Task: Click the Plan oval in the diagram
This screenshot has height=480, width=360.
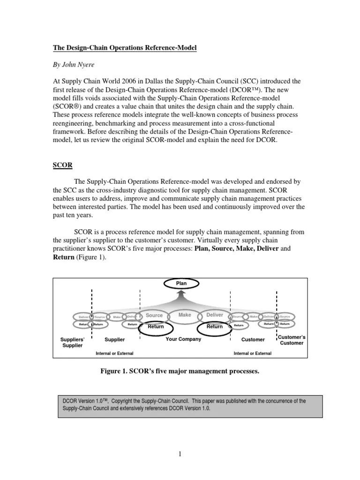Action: tap(181, 283)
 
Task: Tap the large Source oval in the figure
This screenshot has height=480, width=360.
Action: tap(154, 316)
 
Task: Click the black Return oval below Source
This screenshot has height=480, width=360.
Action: tap(156, 327)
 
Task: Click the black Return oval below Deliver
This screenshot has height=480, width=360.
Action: tap(215, 327)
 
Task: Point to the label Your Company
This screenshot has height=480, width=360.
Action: tap(183, 339)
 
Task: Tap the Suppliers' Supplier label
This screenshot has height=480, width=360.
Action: tap(72, 342)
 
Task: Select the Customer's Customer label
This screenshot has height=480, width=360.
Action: tap(292, 340)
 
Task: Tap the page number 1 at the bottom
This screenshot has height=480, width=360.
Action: tap(180, 454)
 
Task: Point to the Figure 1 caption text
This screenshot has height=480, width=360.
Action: tap(180, 372)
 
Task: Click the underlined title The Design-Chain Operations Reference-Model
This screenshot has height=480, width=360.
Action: tap(124, 48)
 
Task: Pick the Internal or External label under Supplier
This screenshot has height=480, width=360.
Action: tap(114, 353)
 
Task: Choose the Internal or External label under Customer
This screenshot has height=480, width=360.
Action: tap(252, 353)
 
